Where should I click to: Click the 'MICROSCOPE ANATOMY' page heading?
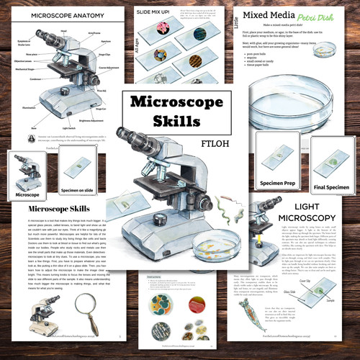click(x=51, y=15)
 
